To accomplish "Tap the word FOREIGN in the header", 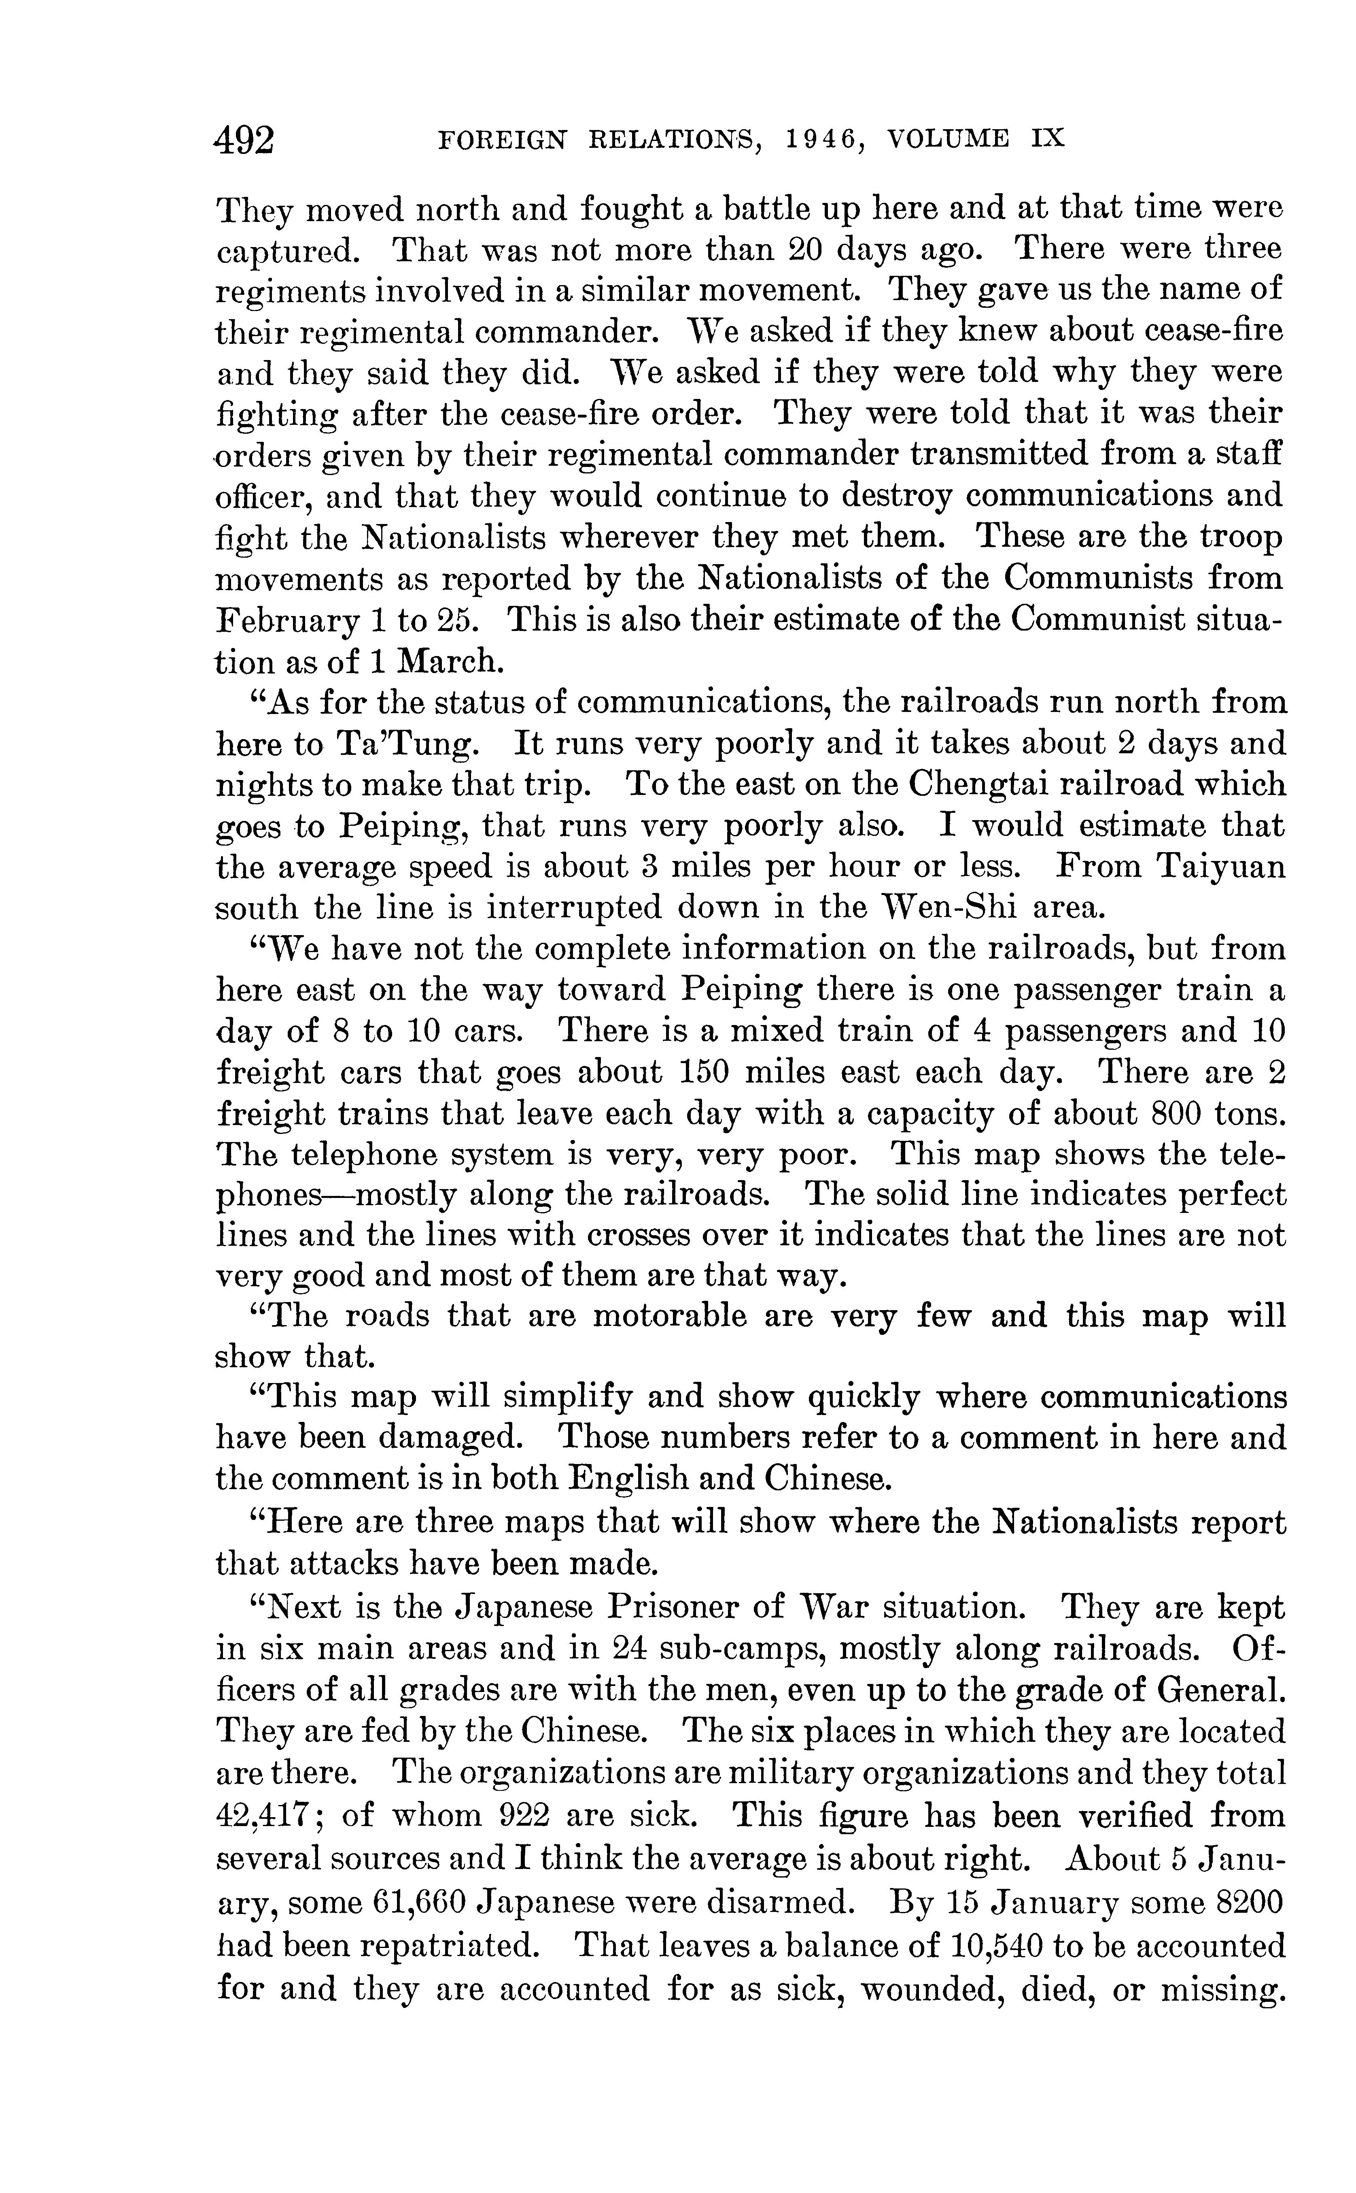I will [x=501, y=140].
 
